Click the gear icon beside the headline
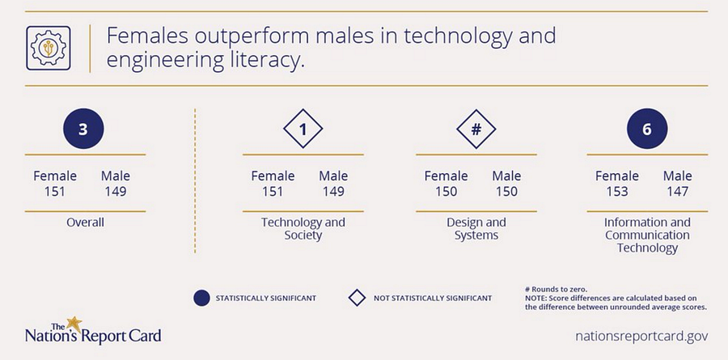pos(49,48)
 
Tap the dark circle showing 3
pos(83,129)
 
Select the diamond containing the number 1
pos(303,129)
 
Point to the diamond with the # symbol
pos(476,129)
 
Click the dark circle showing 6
pos(647,129)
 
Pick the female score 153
pos(617,192)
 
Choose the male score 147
pos(677,192)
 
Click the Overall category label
pos(85,222)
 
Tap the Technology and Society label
pos(303,229)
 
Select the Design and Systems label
pos(476,229)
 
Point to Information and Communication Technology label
pos(647,235)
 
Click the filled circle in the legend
pos(201,299)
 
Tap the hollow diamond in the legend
pos(357,299)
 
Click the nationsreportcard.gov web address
pos(641,336)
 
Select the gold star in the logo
pos(74,324)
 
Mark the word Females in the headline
pos(146,36)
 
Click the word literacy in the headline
pos(267,61)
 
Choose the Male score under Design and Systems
pos(506,192)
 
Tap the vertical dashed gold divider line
pos(195,181)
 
